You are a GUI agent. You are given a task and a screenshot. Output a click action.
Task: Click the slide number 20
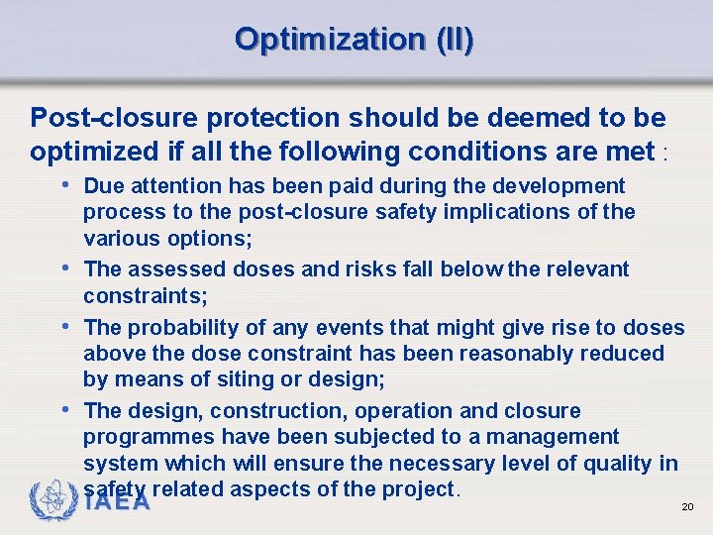click(687, 507)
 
